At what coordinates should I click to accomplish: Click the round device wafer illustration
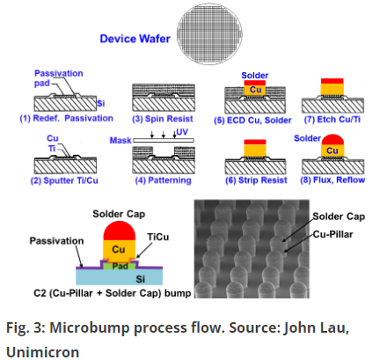209,34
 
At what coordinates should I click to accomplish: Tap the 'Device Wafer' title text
135,39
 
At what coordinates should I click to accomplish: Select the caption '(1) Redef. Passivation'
66,118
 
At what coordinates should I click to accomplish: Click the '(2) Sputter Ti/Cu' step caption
64,180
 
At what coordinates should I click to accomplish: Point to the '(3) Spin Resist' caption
163,119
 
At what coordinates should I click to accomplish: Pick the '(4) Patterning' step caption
163,180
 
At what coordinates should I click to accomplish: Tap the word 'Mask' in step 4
120,141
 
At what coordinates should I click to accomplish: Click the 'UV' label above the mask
182,132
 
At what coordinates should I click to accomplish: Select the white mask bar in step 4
164,141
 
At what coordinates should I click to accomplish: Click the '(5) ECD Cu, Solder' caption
252,121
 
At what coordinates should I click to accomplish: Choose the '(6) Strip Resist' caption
256,180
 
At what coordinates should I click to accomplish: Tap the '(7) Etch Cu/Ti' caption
332,120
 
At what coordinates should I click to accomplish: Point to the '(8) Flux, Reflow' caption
332,180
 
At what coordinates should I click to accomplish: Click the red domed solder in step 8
332,140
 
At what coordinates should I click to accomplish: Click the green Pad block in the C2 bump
120,266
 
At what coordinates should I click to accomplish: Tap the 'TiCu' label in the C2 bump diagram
158,237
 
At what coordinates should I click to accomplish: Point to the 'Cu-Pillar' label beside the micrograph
332,234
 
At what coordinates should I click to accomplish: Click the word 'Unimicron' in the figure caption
43,352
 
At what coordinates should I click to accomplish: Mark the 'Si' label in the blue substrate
141,279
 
